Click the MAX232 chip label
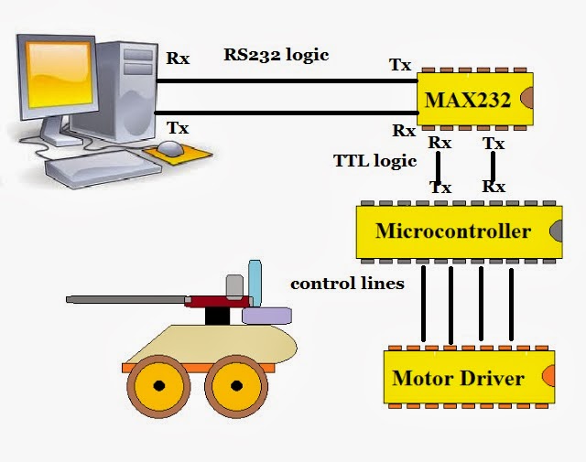(468, 99)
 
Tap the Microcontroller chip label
(452, 231)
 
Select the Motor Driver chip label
(458, 378)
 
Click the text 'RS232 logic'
(276, 54)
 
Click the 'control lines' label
(347, 284)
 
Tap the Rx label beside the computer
(178, 58)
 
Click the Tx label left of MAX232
(400, 64)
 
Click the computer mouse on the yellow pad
(169, 148)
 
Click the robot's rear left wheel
(157, 385)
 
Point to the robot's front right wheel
(237, 385)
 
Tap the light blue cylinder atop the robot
(255, 283)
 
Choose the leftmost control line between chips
(422, 302)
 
